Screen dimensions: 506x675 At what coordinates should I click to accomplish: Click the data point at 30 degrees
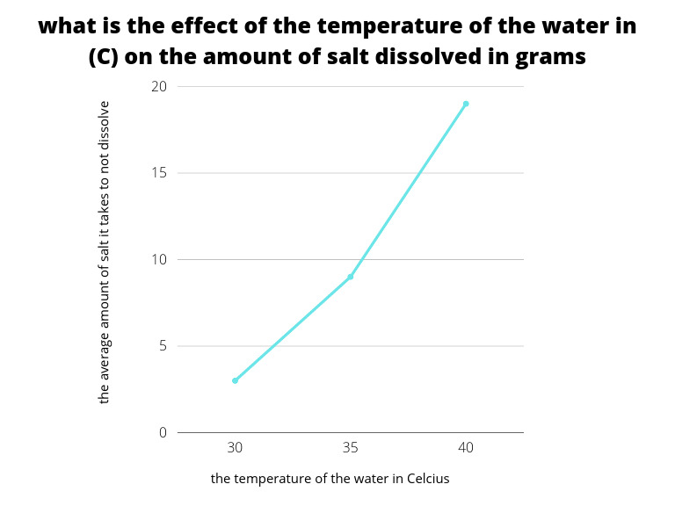[x=235, y=380]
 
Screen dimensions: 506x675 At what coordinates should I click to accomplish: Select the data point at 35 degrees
[x=351, y=277]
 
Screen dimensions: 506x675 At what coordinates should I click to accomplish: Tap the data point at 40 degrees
[x=466, y=104]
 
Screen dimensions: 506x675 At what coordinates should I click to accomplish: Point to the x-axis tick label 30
[x=235, y=447]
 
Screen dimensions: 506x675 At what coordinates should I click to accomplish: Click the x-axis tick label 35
[x=351, y=447]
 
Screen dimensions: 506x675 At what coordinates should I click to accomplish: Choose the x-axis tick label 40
[x=466, y=447]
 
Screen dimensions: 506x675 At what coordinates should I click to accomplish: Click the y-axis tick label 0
[x=162, y=432]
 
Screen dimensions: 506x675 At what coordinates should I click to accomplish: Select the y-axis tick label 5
[x=162, y=346]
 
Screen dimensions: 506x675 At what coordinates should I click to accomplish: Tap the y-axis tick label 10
[x=159, y=259]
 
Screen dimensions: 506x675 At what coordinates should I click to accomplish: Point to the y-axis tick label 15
[x=159, y=173]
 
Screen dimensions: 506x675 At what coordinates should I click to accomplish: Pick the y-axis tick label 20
[x=159, y=87]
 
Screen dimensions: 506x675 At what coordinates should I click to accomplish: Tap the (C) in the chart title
[x=106, y=57]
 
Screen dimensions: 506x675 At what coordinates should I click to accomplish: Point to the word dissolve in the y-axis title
[x=105, y=125]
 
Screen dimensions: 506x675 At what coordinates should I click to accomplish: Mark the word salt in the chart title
[x=357, y=57]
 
